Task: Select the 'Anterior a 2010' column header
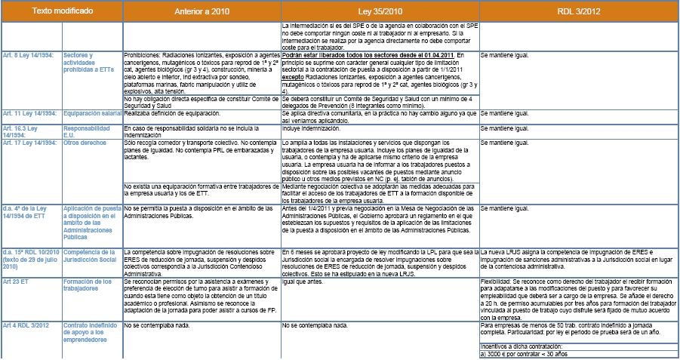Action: click(x=201, y=11)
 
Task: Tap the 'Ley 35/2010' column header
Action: click(x=380, y=11)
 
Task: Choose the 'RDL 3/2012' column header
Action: click(x=579, y=11)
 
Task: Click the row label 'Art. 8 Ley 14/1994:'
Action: click(x=29, y=57)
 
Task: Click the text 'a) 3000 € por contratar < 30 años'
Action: click(x=523, y=355)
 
